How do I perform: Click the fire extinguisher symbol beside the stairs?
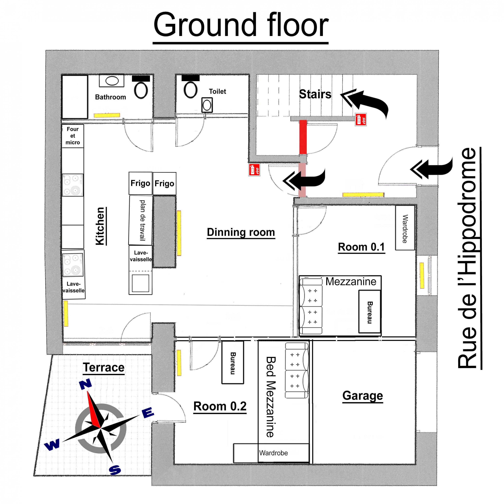(361, 120)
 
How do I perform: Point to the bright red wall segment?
(303, 137)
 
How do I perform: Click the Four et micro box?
(73, 136)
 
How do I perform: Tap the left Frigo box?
(140, 183)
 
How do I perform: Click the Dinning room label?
(241, 232)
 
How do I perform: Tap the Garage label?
(362, 395)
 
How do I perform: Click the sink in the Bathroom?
(112, 81)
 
